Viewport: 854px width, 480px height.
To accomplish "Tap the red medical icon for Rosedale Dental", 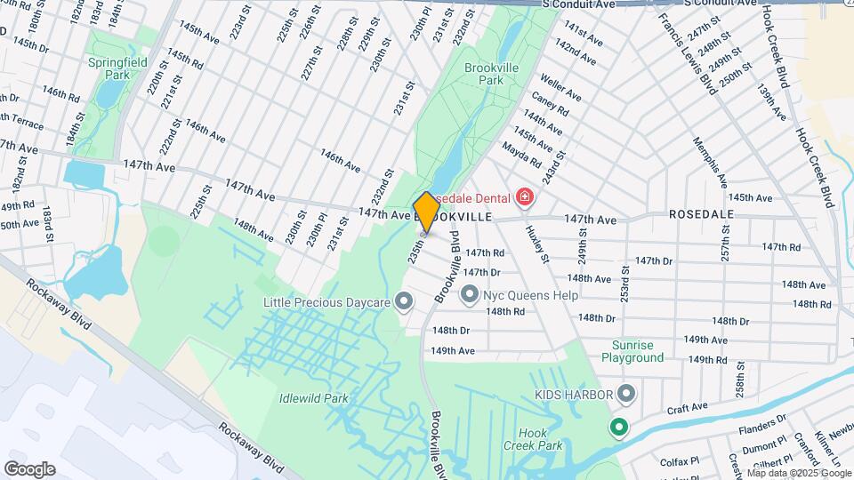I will (525, 196).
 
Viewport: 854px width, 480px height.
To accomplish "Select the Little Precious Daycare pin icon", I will (405, 302).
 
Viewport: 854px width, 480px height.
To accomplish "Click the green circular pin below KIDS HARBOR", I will (617, 428).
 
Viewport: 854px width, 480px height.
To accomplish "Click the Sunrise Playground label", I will (637, 351).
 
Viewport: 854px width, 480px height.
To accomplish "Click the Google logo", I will (30, 468).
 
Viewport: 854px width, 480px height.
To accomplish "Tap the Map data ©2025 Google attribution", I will (799, 473).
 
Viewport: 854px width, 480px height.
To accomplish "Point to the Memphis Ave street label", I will (710, 156).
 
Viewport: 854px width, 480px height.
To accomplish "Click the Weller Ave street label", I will (561, 87).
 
